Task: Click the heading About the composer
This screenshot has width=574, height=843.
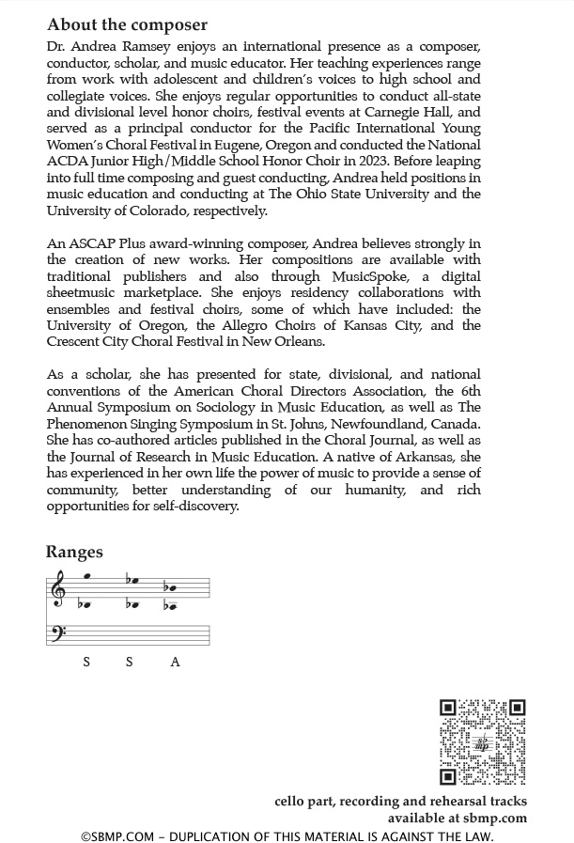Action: click(127, 24)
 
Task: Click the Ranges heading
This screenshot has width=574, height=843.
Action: click(74, 552)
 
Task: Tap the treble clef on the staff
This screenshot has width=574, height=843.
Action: click(58, 590)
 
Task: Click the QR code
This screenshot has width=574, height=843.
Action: click(483, 742)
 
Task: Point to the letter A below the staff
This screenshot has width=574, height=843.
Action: click(175, 662)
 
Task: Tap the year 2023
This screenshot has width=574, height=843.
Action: click(364, 161)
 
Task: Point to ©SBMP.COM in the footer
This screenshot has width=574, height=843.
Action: click(116, 835)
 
